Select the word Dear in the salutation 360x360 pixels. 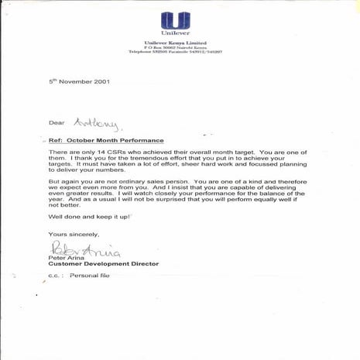click(57, 122)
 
